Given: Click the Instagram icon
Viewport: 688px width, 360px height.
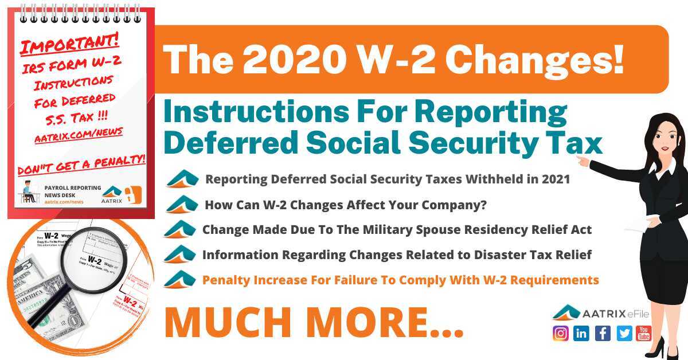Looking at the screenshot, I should click(x=561, y=333).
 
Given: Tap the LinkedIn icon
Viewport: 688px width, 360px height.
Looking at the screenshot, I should click(x=581, y=333).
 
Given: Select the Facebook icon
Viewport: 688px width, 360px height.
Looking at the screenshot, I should click(x=603, y=333).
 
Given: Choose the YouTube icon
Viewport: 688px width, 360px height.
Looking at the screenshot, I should click(x=644, y=333).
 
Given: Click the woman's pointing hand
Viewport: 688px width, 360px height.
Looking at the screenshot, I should click(x=583, y=161).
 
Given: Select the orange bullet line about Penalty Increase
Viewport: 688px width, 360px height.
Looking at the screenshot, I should click(x=400, y=280).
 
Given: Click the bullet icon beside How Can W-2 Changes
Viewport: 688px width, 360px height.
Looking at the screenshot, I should click(x=182, y=204).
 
